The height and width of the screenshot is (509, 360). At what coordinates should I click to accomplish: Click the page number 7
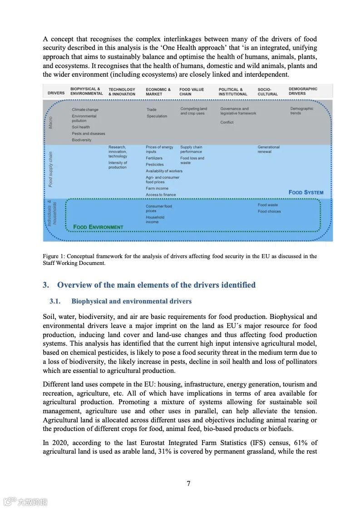coord(188,483)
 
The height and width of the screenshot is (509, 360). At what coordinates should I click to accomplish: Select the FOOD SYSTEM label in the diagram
coord(306,192)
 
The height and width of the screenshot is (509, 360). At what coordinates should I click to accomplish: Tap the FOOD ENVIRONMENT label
coord(98,227)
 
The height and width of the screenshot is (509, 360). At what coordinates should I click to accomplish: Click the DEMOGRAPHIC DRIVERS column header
coord(303,91)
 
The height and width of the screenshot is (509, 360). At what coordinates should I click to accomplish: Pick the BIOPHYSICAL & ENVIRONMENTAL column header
coord(86,91)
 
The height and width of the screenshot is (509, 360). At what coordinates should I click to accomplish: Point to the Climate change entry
coord(85,110)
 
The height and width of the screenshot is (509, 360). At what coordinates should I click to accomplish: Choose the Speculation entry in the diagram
coord(157,116)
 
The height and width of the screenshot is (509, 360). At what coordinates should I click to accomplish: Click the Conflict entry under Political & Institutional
coord(227,122)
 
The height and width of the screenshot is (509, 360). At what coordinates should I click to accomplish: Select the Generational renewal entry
coord(269,149)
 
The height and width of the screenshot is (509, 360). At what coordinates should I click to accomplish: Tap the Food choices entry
coord(269,211)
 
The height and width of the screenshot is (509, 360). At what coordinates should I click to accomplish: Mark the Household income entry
coord(155,220)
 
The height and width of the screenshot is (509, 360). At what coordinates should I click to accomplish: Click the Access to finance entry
coord(161,195)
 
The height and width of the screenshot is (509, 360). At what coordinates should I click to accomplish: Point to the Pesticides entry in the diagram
coord(154,165)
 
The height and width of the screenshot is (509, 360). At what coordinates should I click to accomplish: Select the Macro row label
coord(50,122)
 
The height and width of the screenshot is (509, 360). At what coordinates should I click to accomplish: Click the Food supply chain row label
coord(50,169)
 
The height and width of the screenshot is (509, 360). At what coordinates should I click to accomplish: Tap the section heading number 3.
coord(45,285)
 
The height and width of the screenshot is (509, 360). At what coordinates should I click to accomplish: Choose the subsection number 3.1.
coord(55,301)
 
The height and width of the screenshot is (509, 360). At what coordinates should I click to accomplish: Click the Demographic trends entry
coord(301,111)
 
